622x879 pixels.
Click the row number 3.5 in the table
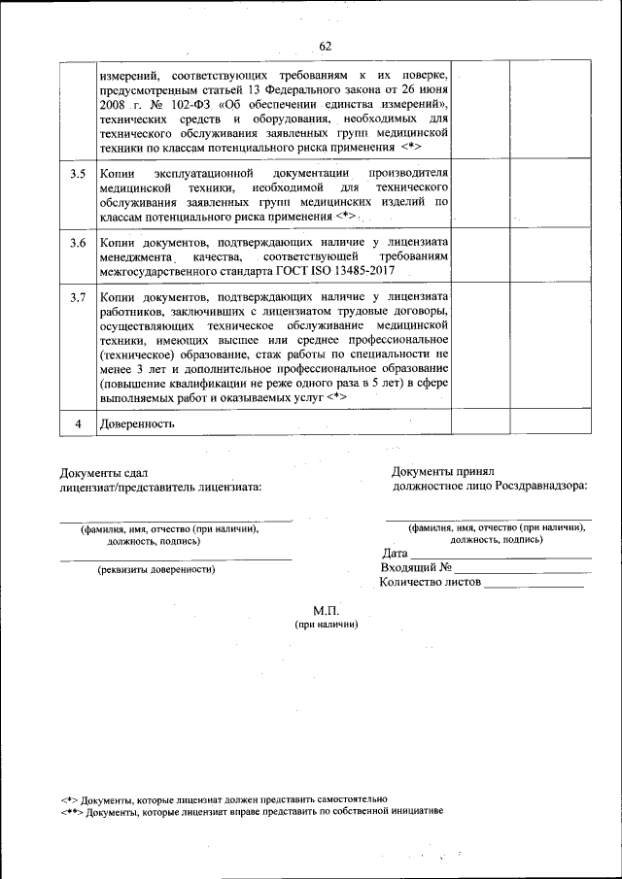point(78,173)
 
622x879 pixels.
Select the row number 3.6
point(78,242)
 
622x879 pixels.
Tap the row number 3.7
point(78,296)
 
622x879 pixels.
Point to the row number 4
point(78,423)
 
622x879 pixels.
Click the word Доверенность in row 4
point(136,423)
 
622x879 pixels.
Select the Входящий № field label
point(416,568)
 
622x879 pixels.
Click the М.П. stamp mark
point(326,611)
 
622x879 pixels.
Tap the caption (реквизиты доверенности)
point(149,570)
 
